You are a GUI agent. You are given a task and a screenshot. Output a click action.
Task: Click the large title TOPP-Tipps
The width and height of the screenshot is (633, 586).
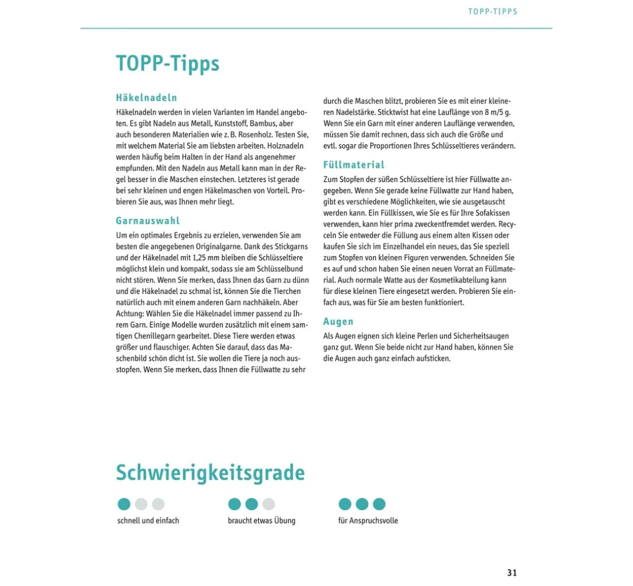tap(168, 63)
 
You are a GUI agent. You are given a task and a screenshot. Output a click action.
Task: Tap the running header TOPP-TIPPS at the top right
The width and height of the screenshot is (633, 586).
tap(493, 11)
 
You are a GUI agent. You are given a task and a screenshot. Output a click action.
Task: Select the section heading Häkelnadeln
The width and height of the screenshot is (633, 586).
tap(147, 97)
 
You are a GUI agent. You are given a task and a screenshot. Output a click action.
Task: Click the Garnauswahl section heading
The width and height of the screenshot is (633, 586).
tap(148, 221)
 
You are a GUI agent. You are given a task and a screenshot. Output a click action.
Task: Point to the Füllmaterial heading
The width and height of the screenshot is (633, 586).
tap(354, 165)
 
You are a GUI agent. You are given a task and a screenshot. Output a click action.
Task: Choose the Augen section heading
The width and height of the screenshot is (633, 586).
tap(338, 322)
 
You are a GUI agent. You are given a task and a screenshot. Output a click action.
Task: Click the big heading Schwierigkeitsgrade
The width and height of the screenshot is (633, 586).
tap(210, 473)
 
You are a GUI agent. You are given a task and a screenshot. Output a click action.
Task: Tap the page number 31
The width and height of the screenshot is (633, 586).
tap(512, 573)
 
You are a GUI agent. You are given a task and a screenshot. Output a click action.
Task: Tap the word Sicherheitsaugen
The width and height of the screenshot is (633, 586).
tap(480, 336)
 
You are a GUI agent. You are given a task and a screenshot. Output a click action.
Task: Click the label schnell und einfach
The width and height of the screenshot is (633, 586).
tap(148, 520)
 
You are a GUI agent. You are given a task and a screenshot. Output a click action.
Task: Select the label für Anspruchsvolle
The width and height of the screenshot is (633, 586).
tap(368, 520)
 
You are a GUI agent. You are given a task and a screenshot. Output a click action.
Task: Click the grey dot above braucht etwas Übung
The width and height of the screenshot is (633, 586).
tap(269, 504)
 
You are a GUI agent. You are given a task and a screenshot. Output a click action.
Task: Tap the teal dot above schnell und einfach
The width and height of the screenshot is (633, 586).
tap(124, 504)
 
